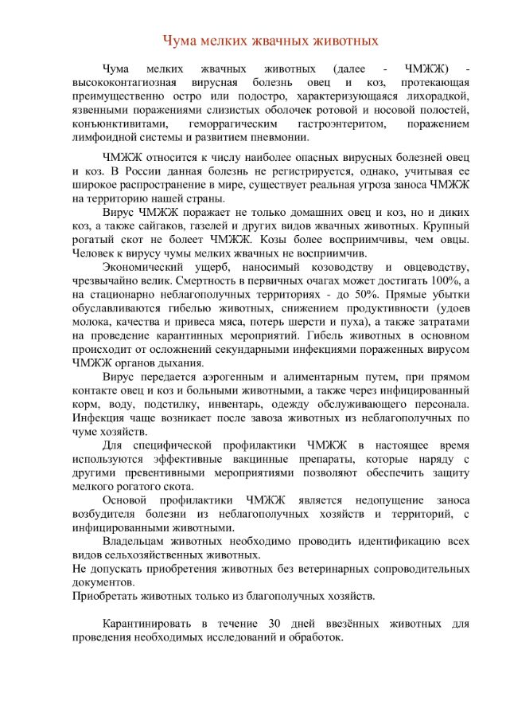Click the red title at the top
click(x=270, y=40)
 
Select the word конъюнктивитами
click(x=120, y=124)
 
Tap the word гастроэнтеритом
click(x=342, y=124)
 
